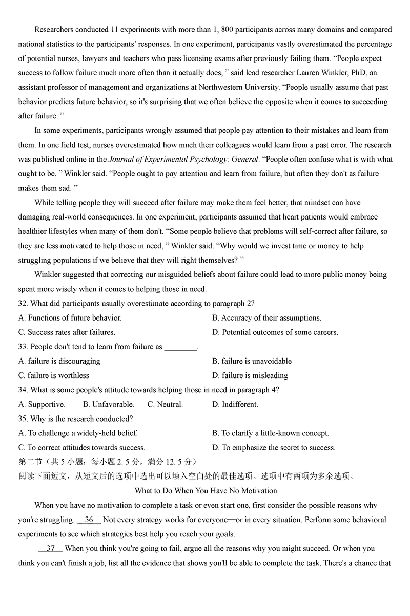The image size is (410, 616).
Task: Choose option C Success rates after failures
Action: click(x=67, y=332)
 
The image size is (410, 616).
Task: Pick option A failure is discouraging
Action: click(x=59, y=361)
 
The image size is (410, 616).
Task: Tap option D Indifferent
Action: click(x=235, y=404)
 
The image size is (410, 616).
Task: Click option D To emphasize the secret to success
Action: click(x=274, y=447)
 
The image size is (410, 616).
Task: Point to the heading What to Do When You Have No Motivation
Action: click(x=206, y=491)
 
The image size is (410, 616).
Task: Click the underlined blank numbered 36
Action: click(x=89, y=520)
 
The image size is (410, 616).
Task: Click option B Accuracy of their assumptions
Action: click(x=266, y=318)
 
